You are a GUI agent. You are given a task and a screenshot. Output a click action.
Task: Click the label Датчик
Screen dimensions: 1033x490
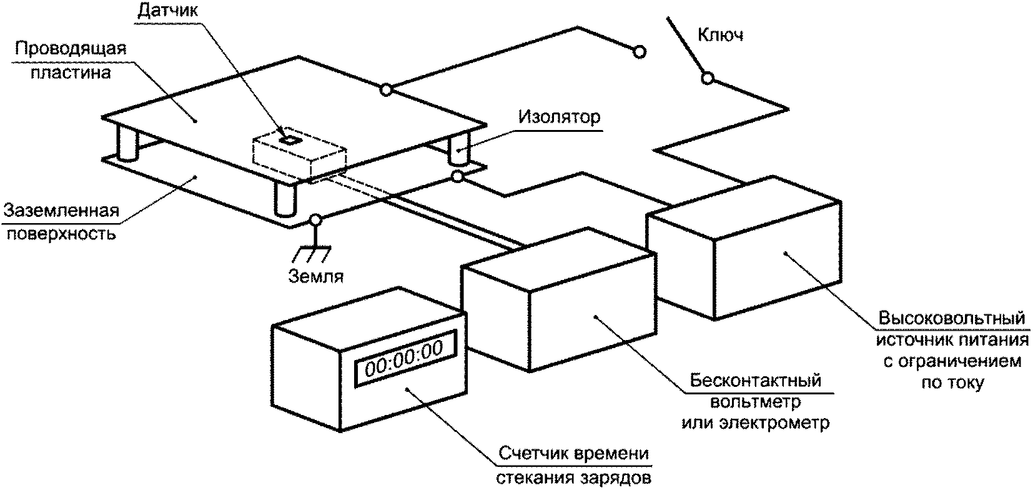167,10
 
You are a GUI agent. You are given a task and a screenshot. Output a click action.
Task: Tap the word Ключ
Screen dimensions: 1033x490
720,35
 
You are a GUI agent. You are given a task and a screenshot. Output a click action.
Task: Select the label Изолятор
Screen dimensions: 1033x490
560,117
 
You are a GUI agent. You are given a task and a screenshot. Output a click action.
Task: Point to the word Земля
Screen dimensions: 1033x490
316,276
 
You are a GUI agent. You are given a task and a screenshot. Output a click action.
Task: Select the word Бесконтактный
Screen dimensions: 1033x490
755,381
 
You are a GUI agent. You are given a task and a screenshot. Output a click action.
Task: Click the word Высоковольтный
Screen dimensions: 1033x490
952,318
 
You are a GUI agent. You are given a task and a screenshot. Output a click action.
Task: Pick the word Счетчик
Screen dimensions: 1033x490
535,454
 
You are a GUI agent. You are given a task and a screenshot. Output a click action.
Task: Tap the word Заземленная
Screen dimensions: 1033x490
61,211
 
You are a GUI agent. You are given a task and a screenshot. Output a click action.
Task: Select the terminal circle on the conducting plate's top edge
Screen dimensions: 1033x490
387,89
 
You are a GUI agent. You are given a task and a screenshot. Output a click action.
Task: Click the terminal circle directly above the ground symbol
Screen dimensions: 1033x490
315,219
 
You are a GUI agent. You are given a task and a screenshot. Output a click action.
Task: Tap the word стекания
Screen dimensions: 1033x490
535,478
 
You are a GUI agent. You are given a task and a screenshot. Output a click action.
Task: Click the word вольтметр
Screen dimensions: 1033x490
755,402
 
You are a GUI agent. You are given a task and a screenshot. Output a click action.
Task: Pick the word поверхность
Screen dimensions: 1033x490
61,234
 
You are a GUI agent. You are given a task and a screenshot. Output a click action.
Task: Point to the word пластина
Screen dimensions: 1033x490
71,72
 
